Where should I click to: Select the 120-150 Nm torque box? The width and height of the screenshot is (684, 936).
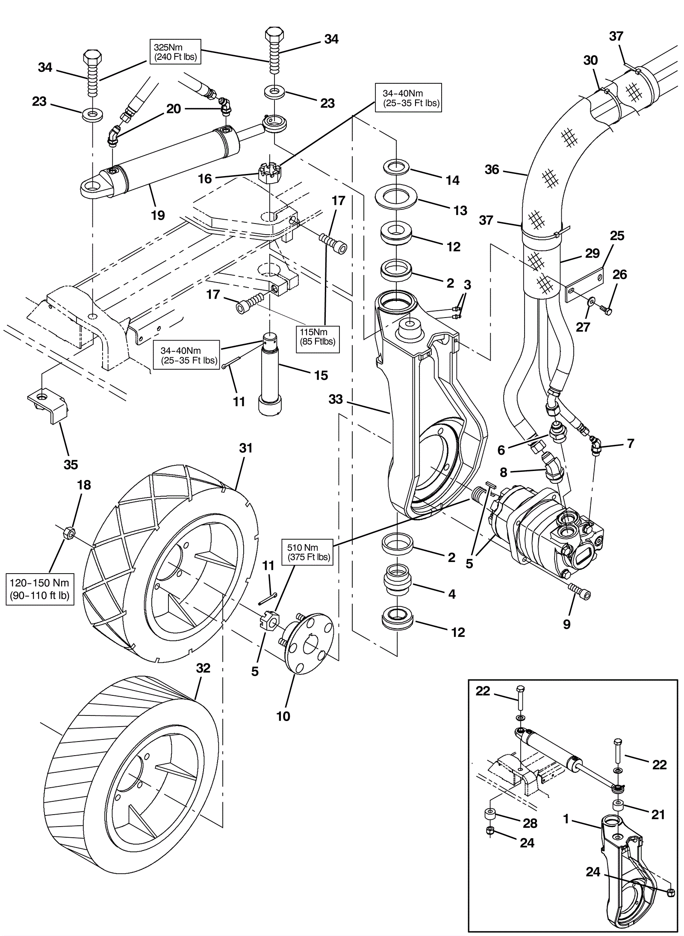[x=40, y=589]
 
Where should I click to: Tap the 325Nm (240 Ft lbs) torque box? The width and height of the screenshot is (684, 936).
[x=175, y=52]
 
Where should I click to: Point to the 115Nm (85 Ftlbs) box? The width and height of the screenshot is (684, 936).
[x=318, y=336]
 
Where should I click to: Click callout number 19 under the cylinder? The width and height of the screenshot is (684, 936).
[x=158, y=215]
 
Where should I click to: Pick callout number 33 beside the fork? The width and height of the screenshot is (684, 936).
[x=336, y=399]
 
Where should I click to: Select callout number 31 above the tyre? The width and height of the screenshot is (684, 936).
[x=246, y=448]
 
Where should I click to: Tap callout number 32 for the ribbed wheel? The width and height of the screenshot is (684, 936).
[x=203, y=668]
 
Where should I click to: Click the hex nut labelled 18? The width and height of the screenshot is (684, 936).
[x=68, y=533]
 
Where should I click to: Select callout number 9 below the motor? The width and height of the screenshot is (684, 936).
[x=566, y=624]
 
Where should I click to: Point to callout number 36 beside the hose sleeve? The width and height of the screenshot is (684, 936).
[x=492, y=170]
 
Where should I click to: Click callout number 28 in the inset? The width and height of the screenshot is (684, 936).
[x=530, y=823]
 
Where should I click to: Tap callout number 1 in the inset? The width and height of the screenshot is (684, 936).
[x=566, y=819]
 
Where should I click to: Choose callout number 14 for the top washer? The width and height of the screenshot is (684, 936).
[x=452, y=180]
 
